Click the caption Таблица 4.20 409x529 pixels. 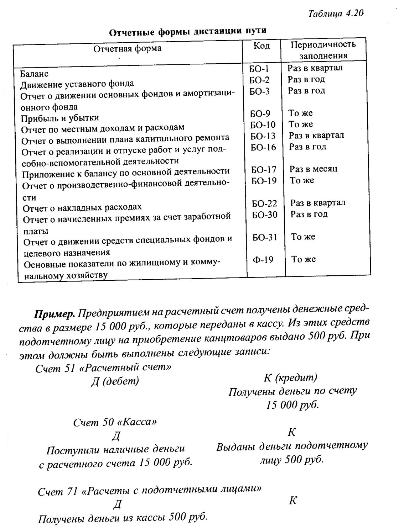click(x=335, y=14)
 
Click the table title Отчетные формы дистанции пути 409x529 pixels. click(x=187, y=31)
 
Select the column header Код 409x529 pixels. click(x=262, y=46)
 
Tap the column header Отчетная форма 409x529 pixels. click(x=127, y=48)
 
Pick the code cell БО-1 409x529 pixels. click(x=259, y=69)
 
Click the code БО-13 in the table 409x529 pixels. click(x=263, y=136)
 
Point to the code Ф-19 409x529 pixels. click(x=263, y=260)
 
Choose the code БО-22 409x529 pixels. click(x=264, y=203)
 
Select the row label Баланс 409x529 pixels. click(x=34, y=74)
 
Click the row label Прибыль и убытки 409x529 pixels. click(x=60, y=118)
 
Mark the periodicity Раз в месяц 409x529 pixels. click(x=313, y=169)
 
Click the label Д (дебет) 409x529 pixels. click(x=115, y=381)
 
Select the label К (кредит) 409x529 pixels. click(x=290, y=377)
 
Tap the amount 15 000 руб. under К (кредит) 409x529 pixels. click(x=292, y=405)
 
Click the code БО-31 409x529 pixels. click(x=265, y=237)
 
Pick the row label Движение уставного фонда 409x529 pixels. click(x=77, y=84)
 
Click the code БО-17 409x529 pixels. click(x=264, y=170)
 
